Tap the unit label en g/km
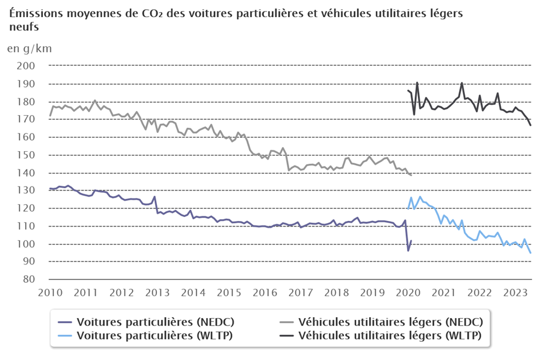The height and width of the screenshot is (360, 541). pos(29,48)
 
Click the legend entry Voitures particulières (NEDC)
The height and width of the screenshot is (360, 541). pos(155,321)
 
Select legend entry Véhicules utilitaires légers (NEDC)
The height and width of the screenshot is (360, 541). pos(390,321)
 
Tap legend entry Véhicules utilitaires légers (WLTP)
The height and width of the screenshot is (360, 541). pos(390,335)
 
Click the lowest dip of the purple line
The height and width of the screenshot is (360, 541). pos(408,251)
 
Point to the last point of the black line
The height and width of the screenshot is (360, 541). pos(530,125)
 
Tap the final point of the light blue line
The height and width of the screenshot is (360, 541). pos(530,253)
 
